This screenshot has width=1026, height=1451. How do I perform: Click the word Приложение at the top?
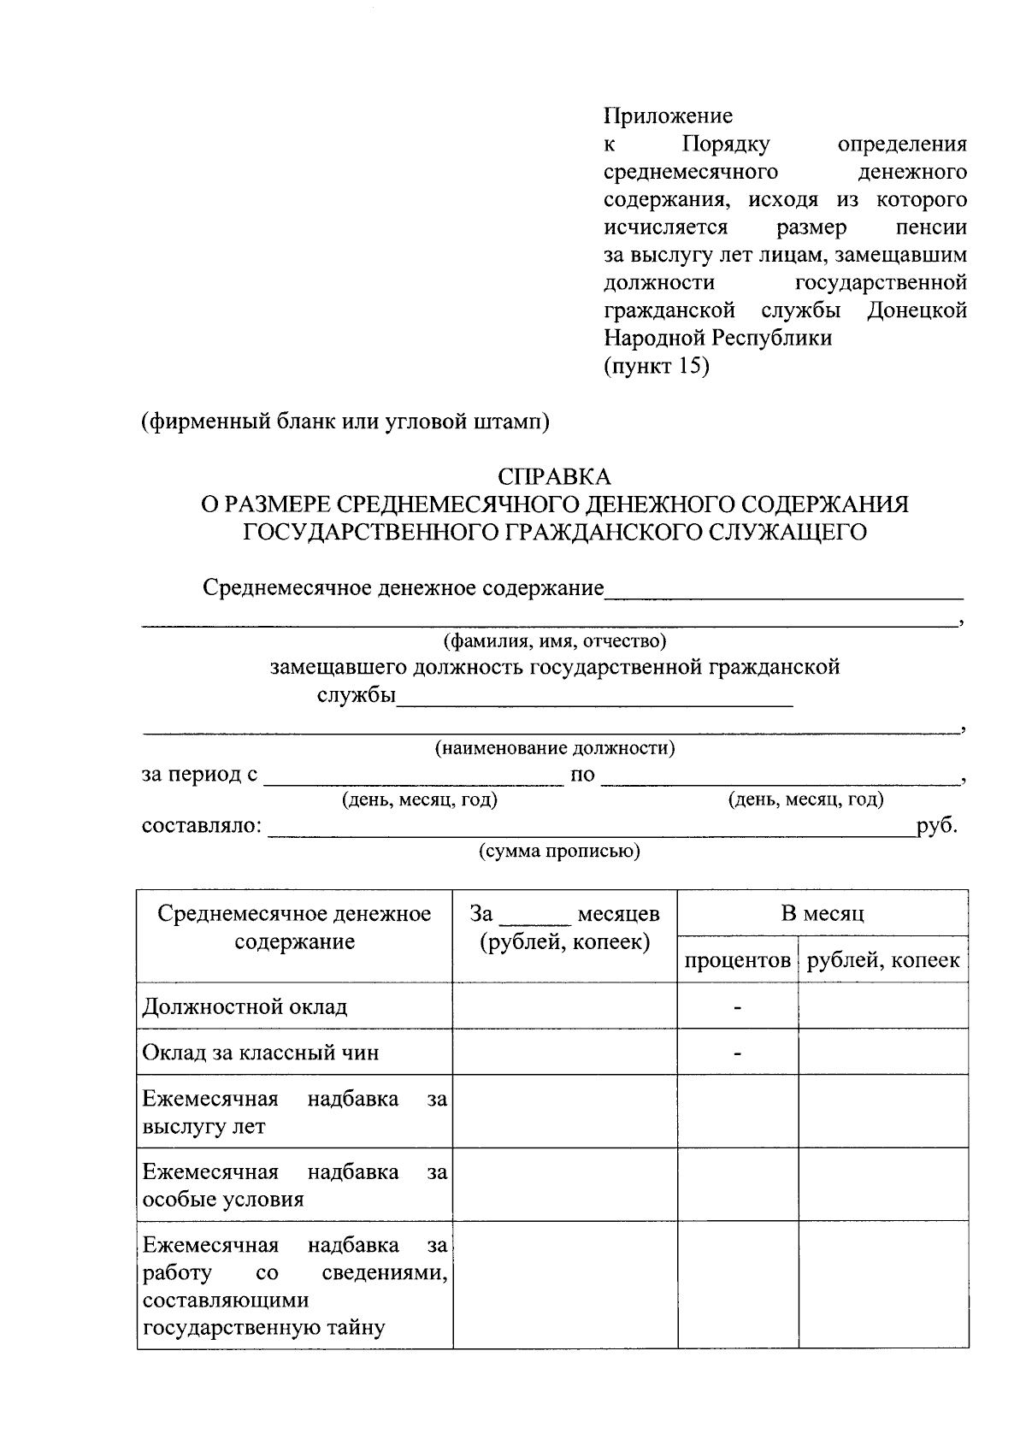pyautogui.click(x=668, y=116)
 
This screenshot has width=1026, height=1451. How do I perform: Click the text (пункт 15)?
pyautogui.click(x=657, y=366)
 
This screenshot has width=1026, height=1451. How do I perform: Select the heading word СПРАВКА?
pyautogui.click(x=555, y=476)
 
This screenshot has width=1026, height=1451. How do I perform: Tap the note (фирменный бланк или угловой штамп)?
pyautogui.click(x=345, y=422)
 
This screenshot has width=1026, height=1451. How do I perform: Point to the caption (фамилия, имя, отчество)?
pyautogui.click(x=554, y=640)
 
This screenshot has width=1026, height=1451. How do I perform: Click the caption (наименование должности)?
pyautogui.click(x=555, y=749)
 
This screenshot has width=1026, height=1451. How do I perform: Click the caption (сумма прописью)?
pyautogui.click(x=559, y=851)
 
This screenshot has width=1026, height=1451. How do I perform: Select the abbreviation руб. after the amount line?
pyautogui.click(x=937, y=826)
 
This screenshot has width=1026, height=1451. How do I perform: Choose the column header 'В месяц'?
pyautogui.click(x=823, y=914)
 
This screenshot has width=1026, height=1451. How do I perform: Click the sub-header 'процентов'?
pyautogui.click(x=737, y=961)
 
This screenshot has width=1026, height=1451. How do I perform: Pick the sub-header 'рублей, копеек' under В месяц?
pyautogui.click(x=883, y=961)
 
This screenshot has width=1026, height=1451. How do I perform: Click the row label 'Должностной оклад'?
pyautogui.click(x=245, y=1006)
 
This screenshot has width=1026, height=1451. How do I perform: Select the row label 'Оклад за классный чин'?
pyautogui.click(x=261, y=1053)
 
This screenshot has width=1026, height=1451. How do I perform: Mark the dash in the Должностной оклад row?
pyautogui.click(x=737, y=1007)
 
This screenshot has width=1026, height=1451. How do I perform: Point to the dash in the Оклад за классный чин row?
pyautogui.click(x=737, y=1053)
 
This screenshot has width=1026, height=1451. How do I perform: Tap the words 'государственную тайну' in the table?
pyautogui.click(x=264, y=1328)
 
